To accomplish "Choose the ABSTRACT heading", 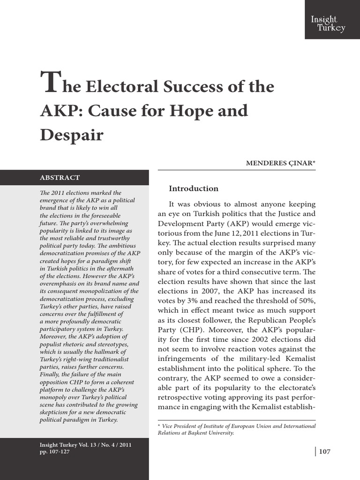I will pyautogui.click(x=60, y=178).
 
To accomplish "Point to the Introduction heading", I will pyautogui.click(x=194, y=188).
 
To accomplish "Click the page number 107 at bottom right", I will pyautogui.click(x=324, y=451).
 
